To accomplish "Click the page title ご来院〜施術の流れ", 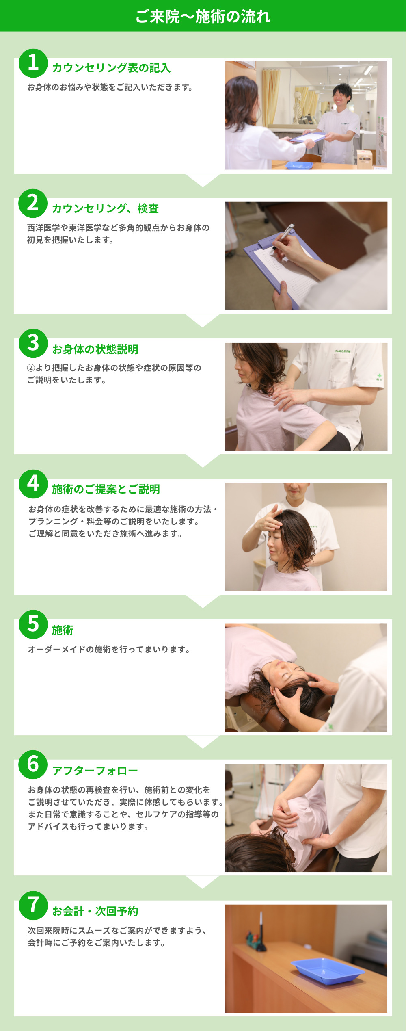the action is click(203, 16).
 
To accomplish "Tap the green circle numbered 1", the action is click(33, 63).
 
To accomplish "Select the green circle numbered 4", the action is click(33, 484).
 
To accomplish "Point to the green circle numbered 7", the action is click(33, 905).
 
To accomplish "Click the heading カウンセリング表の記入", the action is click(111, 68).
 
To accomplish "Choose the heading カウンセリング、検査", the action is click(105, 208).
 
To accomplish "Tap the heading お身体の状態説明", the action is click(95, 349).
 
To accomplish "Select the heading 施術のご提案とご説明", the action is click(106, 489).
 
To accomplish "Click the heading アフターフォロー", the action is click(95, 771).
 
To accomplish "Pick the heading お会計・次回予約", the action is click(95, 911).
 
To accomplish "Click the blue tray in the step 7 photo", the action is click(327, 971).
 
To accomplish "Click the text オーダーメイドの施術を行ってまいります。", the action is click(109, 649).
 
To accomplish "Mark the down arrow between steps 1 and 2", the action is click(203, 180).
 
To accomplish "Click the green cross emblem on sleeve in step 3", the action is click(379, 376).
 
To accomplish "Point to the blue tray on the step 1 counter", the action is click(299, 165).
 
